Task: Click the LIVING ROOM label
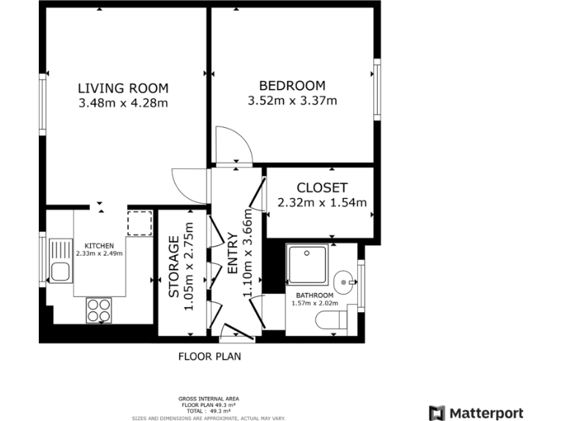(x=123, y=88)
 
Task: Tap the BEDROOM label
(x=292, y=86)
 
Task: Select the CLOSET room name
(x=322, y=188)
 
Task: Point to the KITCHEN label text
(x=99, y=246)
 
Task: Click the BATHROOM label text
(x=313, y=296)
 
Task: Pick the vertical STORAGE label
(x=174, y=266)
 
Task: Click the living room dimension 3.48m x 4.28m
(x=123, y=104)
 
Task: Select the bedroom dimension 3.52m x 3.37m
(x=292, y=101)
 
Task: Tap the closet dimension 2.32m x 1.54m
(x=322, y=202)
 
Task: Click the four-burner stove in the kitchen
(x=99, y=310)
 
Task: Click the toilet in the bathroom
(x=335, y=319)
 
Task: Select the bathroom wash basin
(x=344, y=280)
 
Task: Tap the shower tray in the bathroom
(x=307, y=265)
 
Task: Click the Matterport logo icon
(x=437, y=413)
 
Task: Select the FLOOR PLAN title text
(x=209, y=357)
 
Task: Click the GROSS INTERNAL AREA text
(x=209, y=398)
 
